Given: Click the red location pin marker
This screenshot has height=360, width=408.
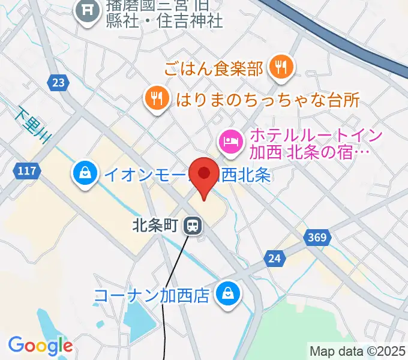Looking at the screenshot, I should tap(204, 175).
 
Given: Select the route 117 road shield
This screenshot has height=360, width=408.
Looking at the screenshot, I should tap(26, 172).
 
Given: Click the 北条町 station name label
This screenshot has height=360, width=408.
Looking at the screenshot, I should tap(155, 226).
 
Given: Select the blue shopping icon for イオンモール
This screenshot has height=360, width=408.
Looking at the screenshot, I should tap(86, 173).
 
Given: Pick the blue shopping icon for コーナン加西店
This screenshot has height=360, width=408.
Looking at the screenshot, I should tap(229, 294).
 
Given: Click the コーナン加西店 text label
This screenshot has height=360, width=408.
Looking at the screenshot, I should tap(152, 295).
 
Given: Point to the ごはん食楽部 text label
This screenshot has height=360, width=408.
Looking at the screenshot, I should tap(214, 68).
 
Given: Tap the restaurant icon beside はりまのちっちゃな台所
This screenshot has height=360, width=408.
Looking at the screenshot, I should tap(157, 98).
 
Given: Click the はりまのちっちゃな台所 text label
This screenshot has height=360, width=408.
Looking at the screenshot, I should tap(267, 99).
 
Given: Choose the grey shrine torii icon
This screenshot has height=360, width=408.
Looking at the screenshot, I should tap(88, 10).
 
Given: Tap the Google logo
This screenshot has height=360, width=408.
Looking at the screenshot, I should tap(40, 345).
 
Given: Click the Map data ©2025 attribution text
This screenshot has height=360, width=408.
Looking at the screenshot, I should tap(358, 351).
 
